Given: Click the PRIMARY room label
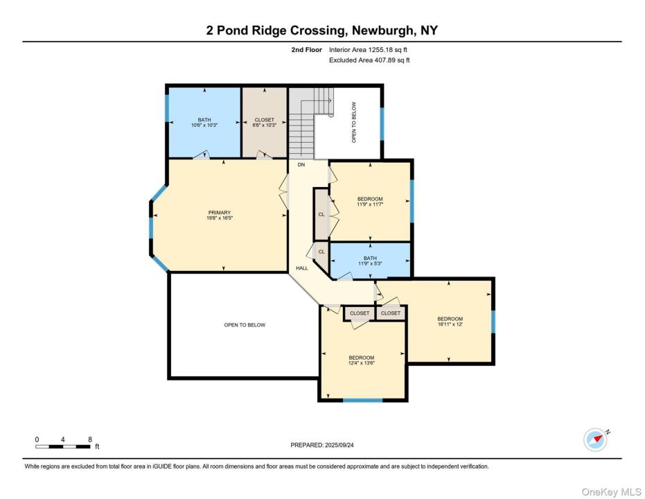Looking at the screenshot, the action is [219, 213].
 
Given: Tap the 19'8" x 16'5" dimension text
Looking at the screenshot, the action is [219, 218].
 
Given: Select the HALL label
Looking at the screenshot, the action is [302, 268].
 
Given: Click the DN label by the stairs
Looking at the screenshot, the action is [301, 164].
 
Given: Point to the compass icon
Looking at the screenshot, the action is [595, 440].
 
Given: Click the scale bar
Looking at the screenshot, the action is [62, 446].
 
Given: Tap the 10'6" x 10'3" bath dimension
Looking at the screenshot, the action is [204, 125].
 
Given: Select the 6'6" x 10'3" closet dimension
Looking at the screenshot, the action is [264, 125].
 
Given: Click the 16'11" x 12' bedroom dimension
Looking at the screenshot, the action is [450, 324].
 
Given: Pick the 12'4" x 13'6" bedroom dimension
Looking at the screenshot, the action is [362, 363].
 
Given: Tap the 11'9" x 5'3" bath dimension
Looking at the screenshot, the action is [370, 263].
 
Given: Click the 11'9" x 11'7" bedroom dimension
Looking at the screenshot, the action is [370, 204].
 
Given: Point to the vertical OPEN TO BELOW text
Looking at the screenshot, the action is [354, 122].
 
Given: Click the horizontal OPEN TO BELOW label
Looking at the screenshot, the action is [245, 325].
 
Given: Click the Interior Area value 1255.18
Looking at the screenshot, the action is [379, 50].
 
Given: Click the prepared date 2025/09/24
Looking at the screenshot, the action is [339, 445].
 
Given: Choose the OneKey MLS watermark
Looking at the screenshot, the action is [611, 492].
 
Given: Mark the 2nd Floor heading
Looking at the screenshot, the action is [306, 50].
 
